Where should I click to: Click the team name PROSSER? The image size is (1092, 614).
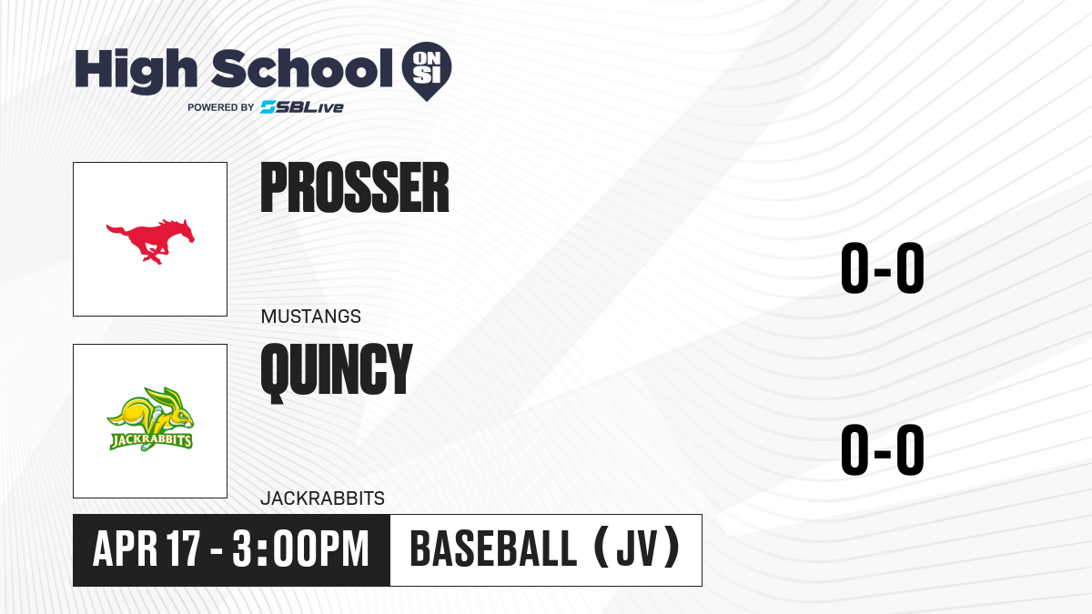coord(355,187)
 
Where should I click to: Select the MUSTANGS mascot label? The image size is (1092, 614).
coord(311,317)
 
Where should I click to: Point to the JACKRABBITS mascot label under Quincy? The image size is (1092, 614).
coord(323,498)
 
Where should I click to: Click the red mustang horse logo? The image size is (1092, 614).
coord(151,241)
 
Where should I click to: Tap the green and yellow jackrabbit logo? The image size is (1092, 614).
coord(150,419)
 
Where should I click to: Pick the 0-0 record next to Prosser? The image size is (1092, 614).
coord(883,268)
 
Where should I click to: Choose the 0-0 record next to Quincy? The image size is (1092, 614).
coord(883,449)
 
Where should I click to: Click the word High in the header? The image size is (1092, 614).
coord(136,71)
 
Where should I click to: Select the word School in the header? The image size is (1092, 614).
coord(302,68)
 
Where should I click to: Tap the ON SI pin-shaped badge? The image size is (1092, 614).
coord(427,71)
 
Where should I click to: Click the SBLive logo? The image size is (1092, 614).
coord(302,107)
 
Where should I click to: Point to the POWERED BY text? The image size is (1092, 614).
coord(221,107)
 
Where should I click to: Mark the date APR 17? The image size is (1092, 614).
coord(147,549)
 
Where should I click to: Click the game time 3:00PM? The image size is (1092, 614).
coord(300,549)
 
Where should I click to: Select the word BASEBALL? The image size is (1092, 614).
coord(494,549)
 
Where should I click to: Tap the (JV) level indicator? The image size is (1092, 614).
coord(638,547)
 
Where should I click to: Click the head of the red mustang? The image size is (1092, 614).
coord(182,229)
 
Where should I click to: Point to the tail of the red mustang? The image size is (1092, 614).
coord(117,229)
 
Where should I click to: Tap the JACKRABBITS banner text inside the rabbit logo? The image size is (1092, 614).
coord(151,441)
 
